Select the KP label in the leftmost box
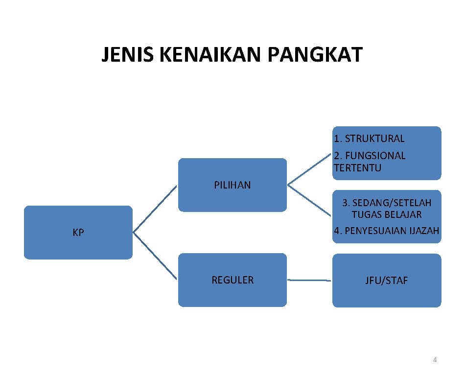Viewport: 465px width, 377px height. coord(78,233)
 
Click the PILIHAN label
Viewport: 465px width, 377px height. coord(232,185)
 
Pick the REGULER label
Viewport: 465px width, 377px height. coord(232,280)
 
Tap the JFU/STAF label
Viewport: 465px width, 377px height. coord(386,281)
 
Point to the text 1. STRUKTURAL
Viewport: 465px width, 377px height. coord(369,139)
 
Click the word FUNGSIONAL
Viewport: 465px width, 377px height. coord(375,156)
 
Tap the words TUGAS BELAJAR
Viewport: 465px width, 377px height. coord(386,214)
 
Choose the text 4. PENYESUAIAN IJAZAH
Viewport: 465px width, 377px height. coord(386,231)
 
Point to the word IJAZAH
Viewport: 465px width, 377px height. coord(422,231)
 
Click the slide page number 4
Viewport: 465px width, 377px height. coord(435,360)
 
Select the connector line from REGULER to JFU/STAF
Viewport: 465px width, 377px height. coord(309,280)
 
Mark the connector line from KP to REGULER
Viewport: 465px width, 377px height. coord(155,256)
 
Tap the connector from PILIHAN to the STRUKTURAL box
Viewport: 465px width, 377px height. coord(309,170)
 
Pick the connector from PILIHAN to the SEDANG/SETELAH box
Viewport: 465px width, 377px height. coord(309,200)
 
